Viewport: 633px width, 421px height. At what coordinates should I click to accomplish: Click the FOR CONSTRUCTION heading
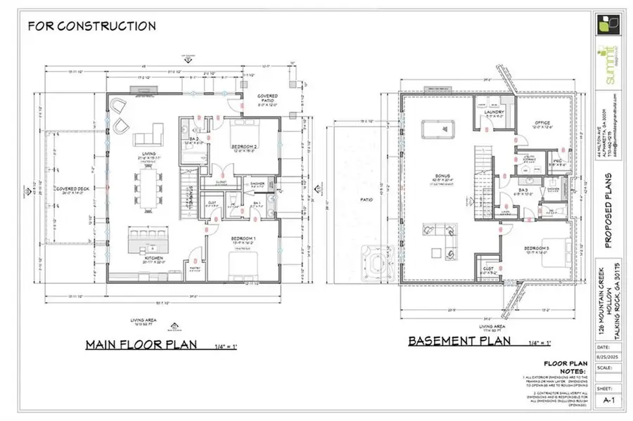coord(91,26)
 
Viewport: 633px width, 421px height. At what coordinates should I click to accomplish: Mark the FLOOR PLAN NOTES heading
coord(561,367)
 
